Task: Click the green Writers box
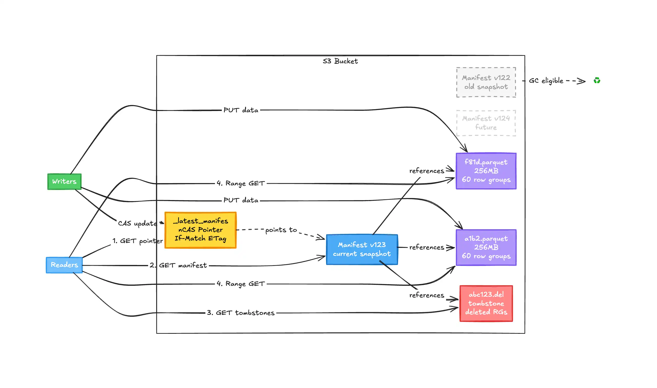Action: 64,181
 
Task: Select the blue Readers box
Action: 64,265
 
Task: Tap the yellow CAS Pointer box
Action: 201,230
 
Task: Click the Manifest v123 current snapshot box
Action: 362,250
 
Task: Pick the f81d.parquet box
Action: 486,171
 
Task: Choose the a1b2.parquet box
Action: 486,247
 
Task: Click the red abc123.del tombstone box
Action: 486,303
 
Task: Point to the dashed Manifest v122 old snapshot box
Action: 486,82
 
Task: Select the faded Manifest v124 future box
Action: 486,123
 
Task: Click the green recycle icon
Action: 597,80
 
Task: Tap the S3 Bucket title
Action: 340,61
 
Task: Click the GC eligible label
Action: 546,80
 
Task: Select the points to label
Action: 281,230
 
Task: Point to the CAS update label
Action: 137,223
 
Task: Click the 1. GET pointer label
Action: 138,241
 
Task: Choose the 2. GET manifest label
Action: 178,265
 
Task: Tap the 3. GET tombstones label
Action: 240,313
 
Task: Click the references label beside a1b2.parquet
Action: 427,247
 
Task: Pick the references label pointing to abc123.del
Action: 427,295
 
